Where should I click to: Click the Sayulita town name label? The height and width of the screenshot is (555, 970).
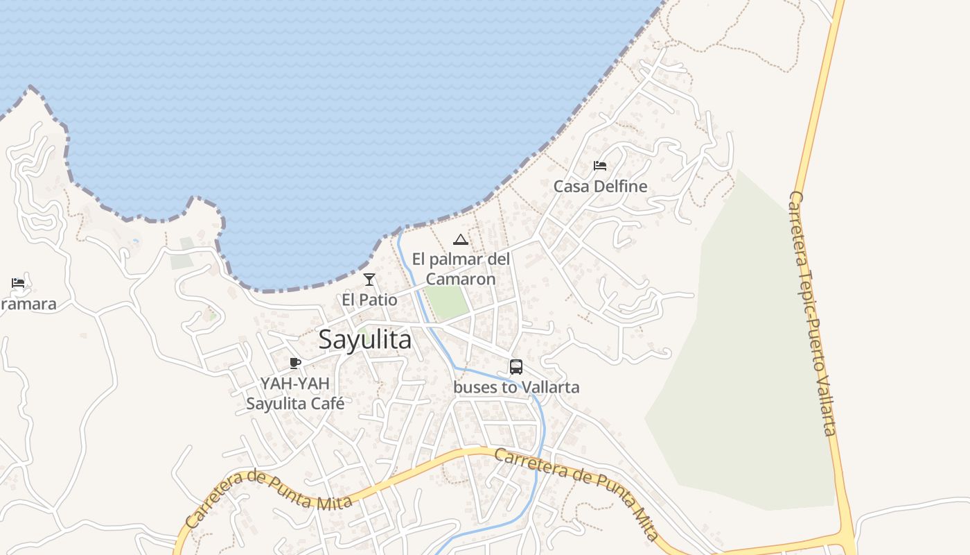pyautogui.click(x=364, y=340)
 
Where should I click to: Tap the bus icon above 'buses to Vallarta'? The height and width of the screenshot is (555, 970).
pyautogui.click(x=516, y=367)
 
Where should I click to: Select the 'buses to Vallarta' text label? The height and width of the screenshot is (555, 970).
pyautogui.click(x=516, y=387)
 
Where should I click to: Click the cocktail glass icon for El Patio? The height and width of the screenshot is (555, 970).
pyautogui.click(x=369, y=280)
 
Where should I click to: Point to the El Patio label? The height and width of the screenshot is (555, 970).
pyautogui.click(x=369, y=300)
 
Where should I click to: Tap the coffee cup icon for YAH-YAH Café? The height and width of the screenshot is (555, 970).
pyautogui.click(x=295, y=363)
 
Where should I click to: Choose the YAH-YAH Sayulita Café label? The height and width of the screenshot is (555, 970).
pyautogui.click(x=295, y=393)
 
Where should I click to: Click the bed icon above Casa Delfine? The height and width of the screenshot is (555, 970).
pyautogui.click(x=600, y=166)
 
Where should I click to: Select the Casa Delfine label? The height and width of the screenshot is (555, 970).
pyautogui.click(x=600, y=186)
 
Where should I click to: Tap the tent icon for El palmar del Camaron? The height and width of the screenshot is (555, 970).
pyautogui.click(x=460, y=240)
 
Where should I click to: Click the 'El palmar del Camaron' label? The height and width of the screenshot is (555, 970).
pyautogui.click(x=461, y=269)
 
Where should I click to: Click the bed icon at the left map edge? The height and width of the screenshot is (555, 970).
pyautogui.click(x=18, y=283)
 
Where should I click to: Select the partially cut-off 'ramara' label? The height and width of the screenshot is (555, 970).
pyautogui.click(x=28, y=304)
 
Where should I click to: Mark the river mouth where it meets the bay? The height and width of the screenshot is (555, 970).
pyautogui.click(x=400, y=232)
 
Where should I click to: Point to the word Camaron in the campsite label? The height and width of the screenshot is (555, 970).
pyautogui.click(x=461, y=279)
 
